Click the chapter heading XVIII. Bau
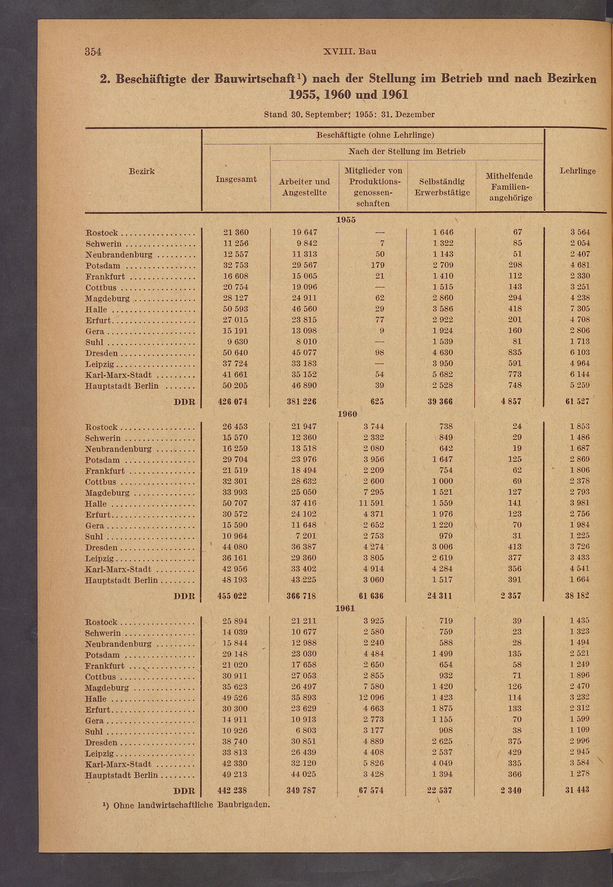350,51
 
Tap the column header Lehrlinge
577,171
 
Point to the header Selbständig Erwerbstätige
442,187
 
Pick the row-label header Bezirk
142,171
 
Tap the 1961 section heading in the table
345,608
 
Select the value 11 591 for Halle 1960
371,503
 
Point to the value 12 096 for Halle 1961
371,697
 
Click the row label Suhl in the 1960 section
94,537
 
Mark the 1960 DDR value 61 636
371,596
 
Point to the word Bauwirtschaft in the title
254,79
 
